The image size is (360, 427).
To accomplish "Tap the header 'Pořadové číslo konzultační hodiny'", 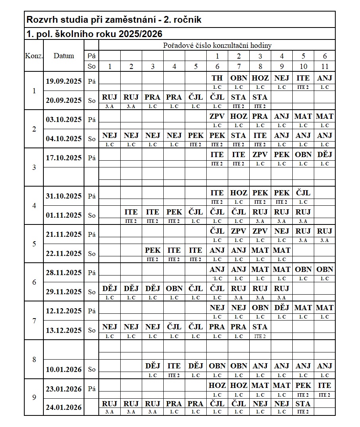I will (x=217, y=45).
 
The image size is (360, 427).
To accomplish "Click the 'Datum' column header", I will (x=64, y=56).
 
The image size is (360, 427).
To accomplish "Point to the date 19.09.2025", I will (x=64, y=81).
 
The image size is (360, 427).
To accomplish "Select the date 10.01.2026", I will (x=64, y=369).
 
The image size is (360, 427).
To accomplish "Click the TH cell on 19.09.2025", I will (x=217, y=78).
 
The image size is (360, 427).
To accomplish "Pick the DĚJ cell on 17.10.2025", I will (x=325, y=155).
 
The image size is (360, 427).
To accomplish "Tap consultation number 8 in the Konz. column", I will (x=34, y=359).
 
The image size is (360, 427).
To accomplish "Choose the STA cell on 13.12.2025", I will (x=260, y=327).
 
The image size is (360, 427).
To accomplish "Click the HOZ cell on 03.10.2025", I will (x=239, y=116).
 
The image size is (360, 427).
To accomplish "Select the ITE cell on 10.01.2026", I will (x=174, y=366).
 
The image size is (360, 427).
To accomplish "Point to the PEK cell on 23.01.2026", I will (x=303, y=386).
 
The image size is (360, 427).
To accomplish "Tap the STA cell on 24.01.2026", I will (x=303, y=403).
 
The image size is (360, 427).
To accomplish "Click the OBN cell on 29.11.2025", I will (x=174, y=288).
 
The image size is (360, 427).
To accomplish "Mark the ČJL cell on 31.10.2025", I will (x=303, y=193).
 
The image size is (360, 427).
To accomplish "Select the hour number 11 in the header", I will (x=325, y=67).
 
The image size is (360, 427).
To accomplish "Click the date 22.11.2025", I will (x=64, y=253).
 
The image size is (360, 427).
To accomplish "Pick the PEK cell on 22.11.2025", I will (x=153, y=250).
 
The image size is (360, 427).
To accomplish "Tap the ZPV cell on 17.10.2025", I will (x=260, y=155).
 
